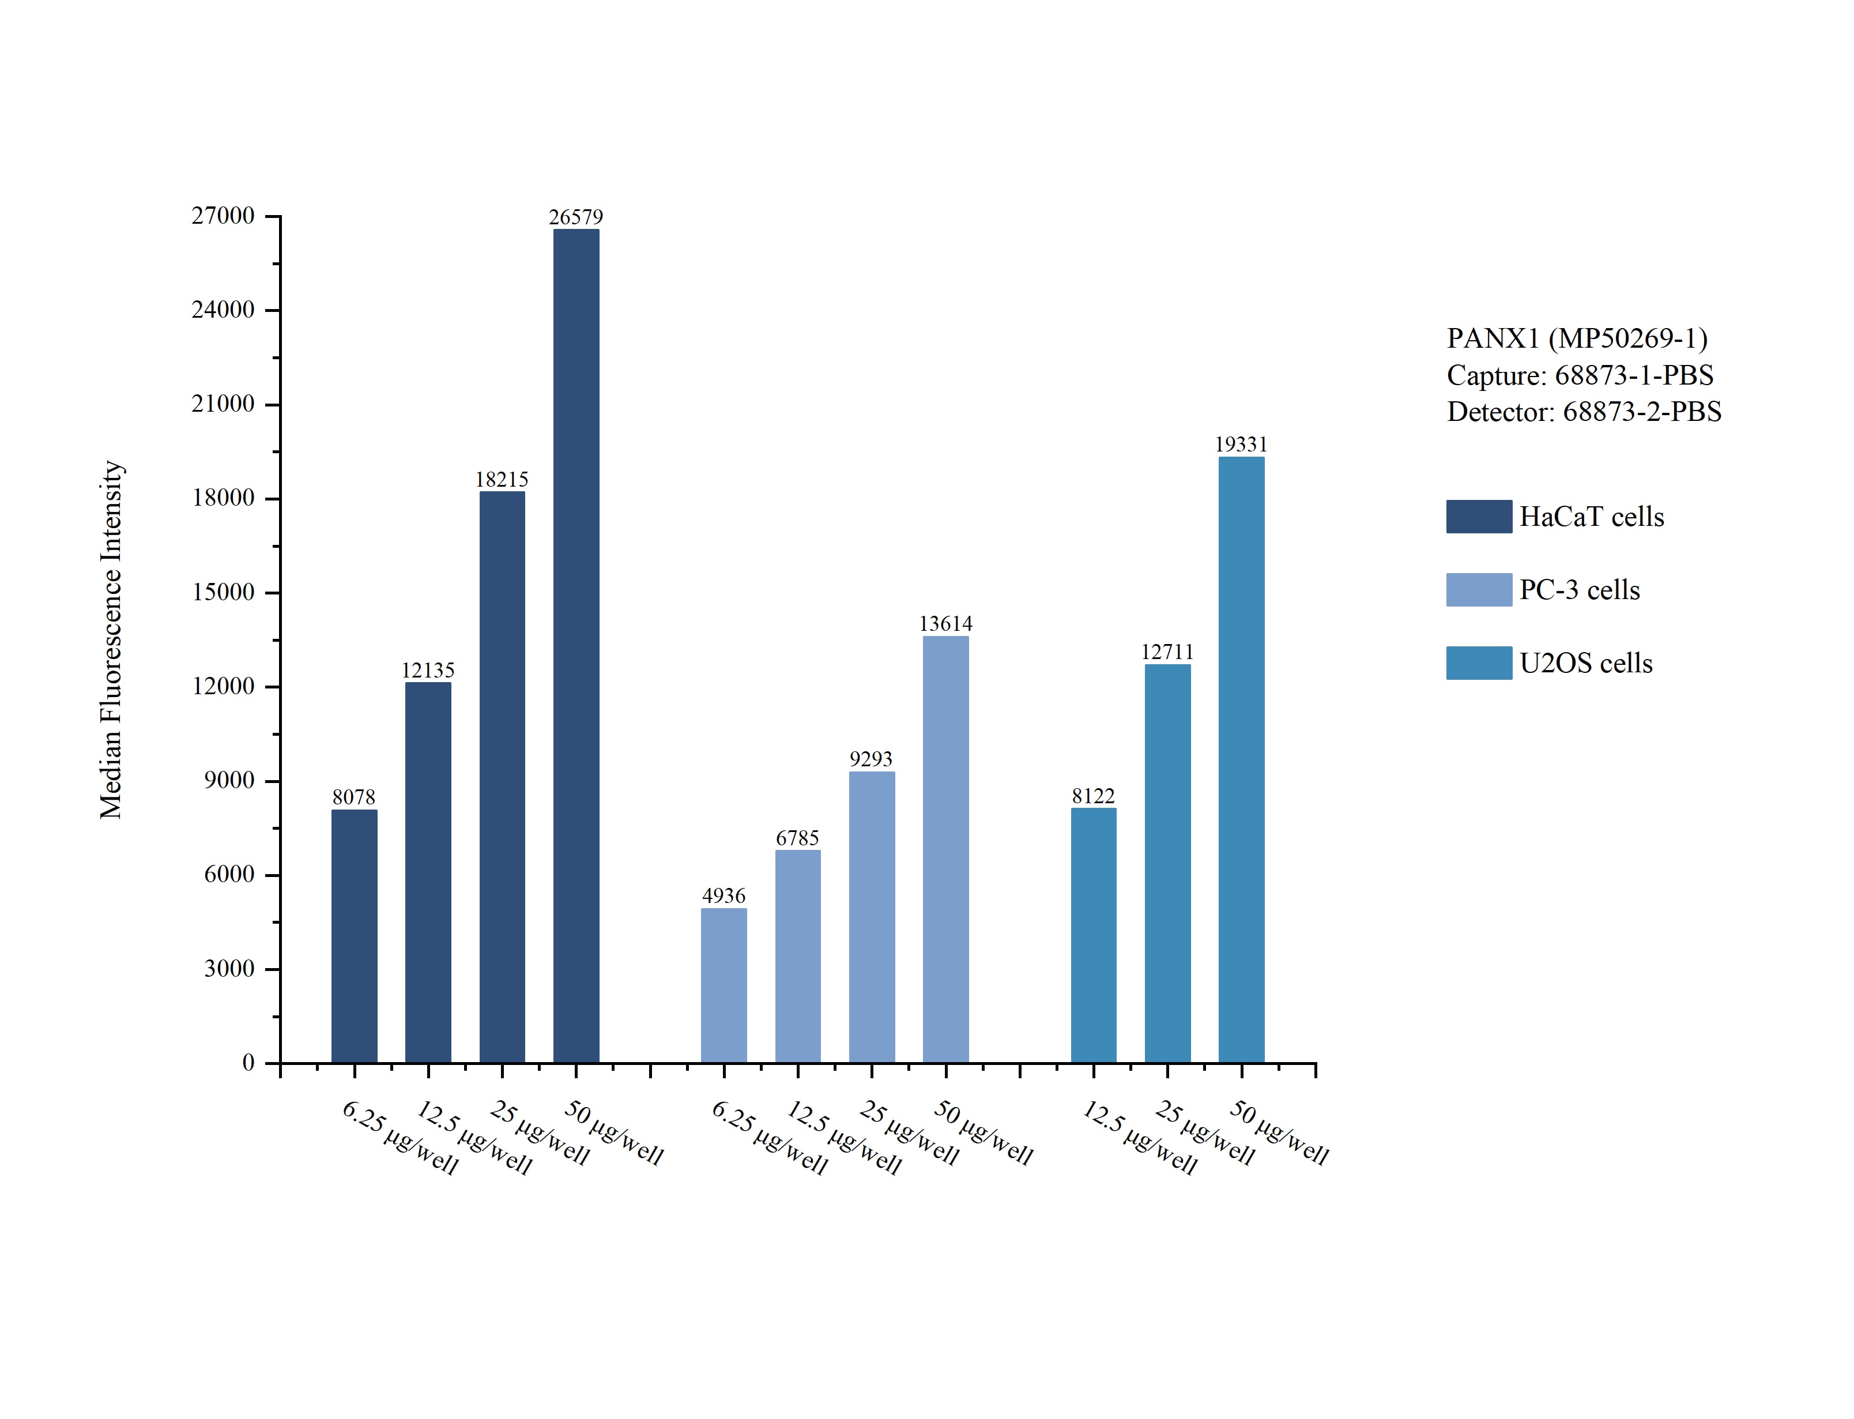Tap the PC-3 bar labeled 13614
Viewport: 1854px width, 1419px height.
pos(945,849)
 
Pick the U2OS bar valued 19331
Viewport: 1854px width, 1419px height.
pos(1241,759)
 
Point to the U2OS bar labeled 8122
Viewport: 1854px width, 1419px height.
pos(1094,935)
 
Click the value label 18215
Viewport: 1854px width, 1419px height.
pos(502,480)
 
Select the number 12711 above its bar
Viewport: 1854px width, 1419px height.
pos(1167,652)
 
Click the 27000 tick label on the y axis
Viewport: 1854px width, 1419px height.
pos(223,216)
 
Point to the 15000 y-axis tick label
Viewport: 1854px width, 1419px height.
pos(223,592)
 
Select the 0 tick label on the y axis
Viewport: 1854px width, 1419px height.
pos(248,1063)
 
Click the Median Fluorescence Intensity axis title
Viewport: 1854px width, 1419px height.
pos(111,639)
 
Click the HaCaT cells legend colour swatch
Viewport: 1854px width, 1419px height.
pos(1478,517)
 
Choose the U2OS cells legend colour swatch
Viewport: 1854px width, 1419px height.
pos(1478,663)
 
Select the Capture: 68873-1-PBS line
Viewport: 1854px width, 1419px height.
pos(1580,375)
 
